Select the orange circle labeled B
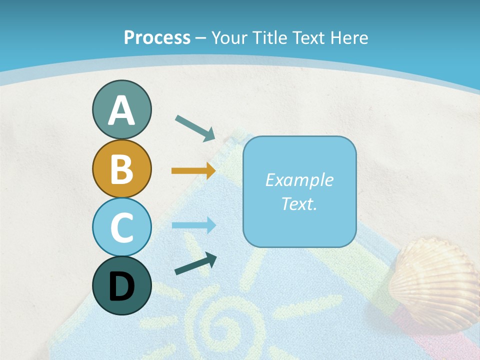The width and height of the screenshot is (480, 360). (x=121, y=168)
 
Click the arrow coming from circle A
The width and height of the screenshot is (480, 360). (x=195, y=127)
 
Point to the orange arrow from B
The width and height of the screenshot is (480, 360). (x=193, y=171)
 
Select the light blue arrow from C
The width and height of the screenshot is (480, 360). (x=194, y=225)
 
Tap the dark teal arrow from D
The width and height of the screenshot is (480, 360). (x=195, y=264)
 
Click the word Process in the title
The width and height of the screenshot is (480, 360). (x=157, y=37)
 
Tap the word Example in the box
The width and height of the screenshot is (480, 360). (x=299, y=180)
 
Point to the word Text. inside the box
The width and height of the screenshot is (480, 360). (x=299, y=203)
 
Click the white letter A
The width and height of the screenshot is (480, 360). (x=121, y=110)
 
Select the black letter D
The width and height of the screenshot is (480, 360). (x=121, y=286)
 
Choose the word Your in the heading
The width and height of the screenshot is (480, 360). (x=230, y=37)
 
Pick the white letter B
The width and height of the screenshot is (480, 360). (x=121, y=169)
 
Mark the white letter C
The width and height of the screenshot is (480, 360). (x=121, y=227)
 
